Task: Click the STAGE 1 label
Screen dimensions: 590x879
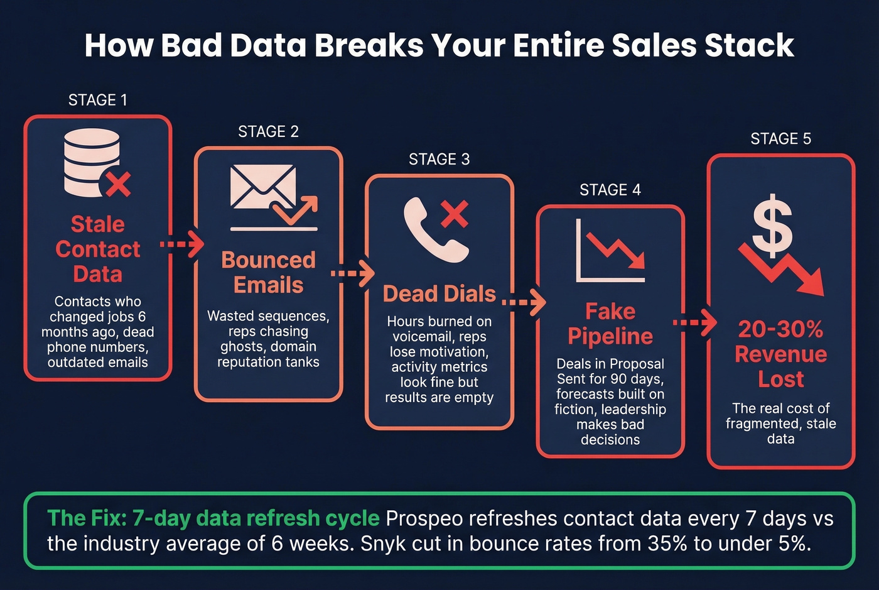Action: tap(97, 101)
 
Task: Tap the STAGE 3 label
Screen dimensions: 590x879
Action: tap(439, 160)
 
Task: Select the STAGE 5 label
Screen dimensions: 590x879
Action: tap(780, 139)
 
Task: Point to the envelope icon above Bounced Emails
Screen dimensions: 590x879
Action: tap(262, 187)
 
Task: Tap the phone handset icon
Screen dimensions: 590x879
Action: tap(433, 229)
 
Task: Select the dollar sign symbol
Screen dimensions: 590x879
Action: tap(772, 223)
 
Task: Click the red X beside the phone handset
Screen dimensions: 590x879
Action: tap(455, 214)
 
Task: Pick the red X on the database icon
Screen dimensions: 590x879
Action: tap(117, 184)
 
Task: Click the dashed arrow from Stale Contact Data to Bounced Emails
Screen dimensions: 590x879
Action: tap(182, 244)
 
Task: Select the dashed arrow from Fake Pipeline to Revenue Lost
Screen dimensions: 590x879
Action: tap(694, 323)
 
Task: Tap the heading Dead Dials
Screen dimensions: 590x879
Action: tap(439, 293)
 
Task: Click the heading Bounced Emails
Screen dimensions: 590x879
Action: tap(268, 272)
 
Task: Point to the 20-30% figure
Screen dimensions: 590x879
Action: tap(780, 329)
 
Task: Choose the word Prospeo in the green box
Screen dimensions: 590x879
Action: tap(424, 518)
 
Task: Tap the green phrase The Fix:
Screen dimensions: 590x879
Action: tap(87, 518)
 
